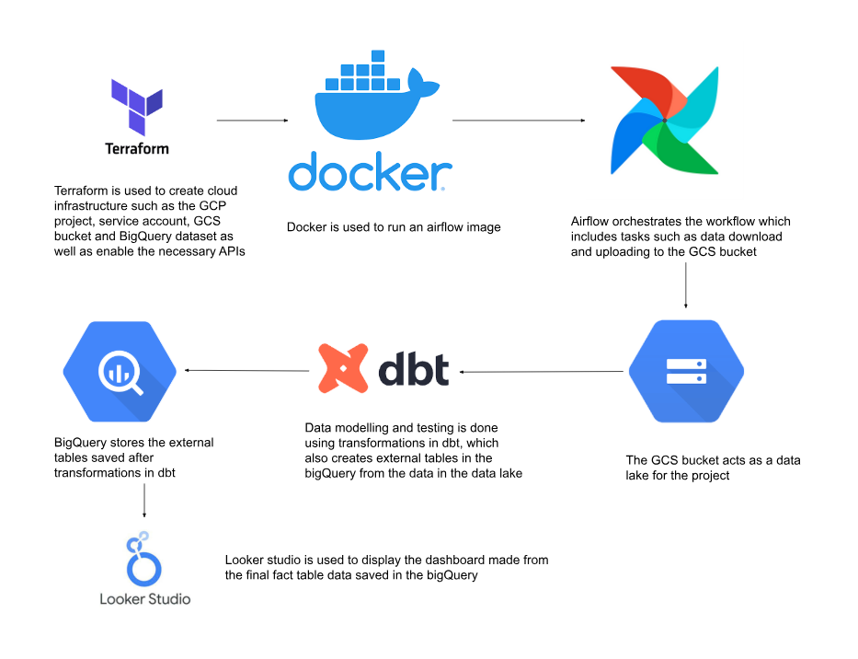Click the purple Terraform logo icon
tap(136, 107)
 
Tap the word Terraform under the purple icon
tap(136, 148)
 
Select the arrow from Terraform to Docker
tap(252, 121)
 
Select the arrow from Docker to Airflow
tap(519, 121)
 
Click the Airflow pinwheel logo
tap(665, 120)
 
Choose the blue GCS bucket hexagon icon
tap(685, 371)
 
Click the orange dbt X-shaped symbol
tap(339, 368)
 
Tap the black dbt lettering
tap(414, 369)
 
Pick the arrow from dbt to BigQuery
tap(246, 371)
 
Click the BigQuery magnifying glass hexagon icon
tap(120, 371)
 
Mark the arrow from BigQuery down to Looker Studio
tap(144, 501)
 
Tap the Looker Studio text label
tap(145, 599)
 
